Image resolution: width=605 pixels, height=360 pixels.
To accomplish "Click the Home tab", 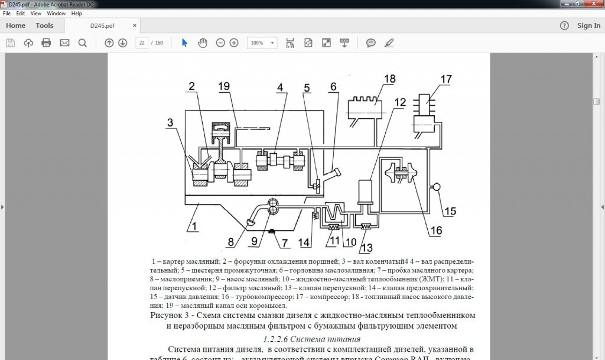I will (x=15, y=25).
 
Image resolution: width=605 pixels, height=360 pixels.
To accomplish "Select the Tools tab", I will (x=44, y=25).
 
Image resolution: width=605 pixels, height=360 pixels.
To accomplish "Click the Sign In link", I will (x=588, y=25).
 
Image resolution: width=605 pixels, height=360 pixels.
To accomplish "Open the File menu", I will (x=6, y=13).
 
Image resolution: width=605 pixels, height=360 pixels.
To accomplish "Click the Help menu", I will (x=76, y=13).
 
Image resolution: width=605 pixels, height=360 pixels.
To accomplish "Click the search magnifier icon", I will (x=82, y=43).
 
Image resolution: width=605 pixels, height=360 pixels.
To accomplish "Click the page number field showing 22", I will (x=142, y=43).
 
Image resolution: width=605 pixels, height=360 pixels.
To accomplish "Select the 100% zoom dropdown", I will (x=262, y=43).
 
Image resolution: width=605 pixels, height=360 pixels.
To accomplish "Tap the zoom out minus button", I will (x=220, y=43).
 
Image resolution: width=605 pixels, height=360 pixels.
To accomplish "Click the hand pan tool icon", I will (x=202, y=43).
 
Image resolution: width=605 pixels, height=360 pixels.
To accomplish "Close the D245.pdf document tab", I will (x=135, y=26).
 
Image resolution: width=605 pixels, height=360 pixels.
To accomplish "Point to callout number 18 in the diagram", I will (x=389, y=79).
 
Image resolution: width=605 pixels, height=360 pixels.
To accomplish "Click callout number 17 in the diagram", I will (x=445, y=79).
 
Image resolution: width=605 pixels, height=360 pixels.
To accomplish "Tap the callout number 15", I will (x=450, y=211).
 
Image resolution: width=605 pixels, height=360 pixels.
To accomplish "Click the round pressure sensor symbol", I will (x=438, y=187).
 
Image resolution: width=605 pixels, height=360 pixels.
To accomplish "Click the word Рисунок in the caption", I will (x=168, y=316).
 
